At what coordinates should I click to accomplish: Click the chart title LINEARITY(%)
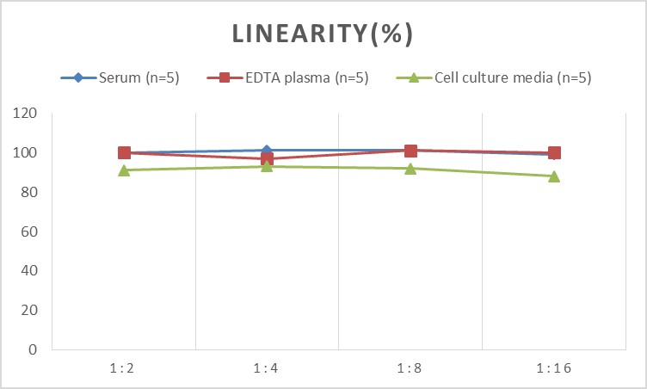[x=323, y=34]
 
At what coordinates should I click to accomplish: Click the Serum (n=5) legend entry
[x=128, y=78]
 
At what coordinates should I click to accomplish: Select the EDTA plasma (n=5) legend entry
[x=287, y=78]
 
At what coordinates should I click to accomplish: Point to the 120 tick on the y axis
[x=27, y=114]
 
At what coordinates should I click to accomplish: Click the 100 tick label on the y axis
[x=27, y=153]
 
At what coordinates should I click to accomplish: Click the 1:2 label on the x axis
[x=124, y=368]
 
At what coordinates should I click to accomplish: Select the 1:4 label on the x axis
[x=267, y=368]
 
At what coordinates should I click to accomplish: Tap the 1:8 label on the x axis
[x=410, y=368]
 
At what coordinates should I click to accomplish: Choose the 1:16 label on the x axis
[x=553, y=368]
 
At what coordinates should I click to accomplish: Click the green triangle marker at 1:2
[x=124, y=170]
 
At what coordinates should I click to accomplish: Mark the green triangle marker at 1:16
[x=554, y=176]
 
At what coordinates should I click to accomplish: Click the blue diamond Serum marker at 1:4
[x=267, y=151]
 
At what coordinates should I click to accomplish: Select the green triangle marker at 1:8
[x=410, y=169]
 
